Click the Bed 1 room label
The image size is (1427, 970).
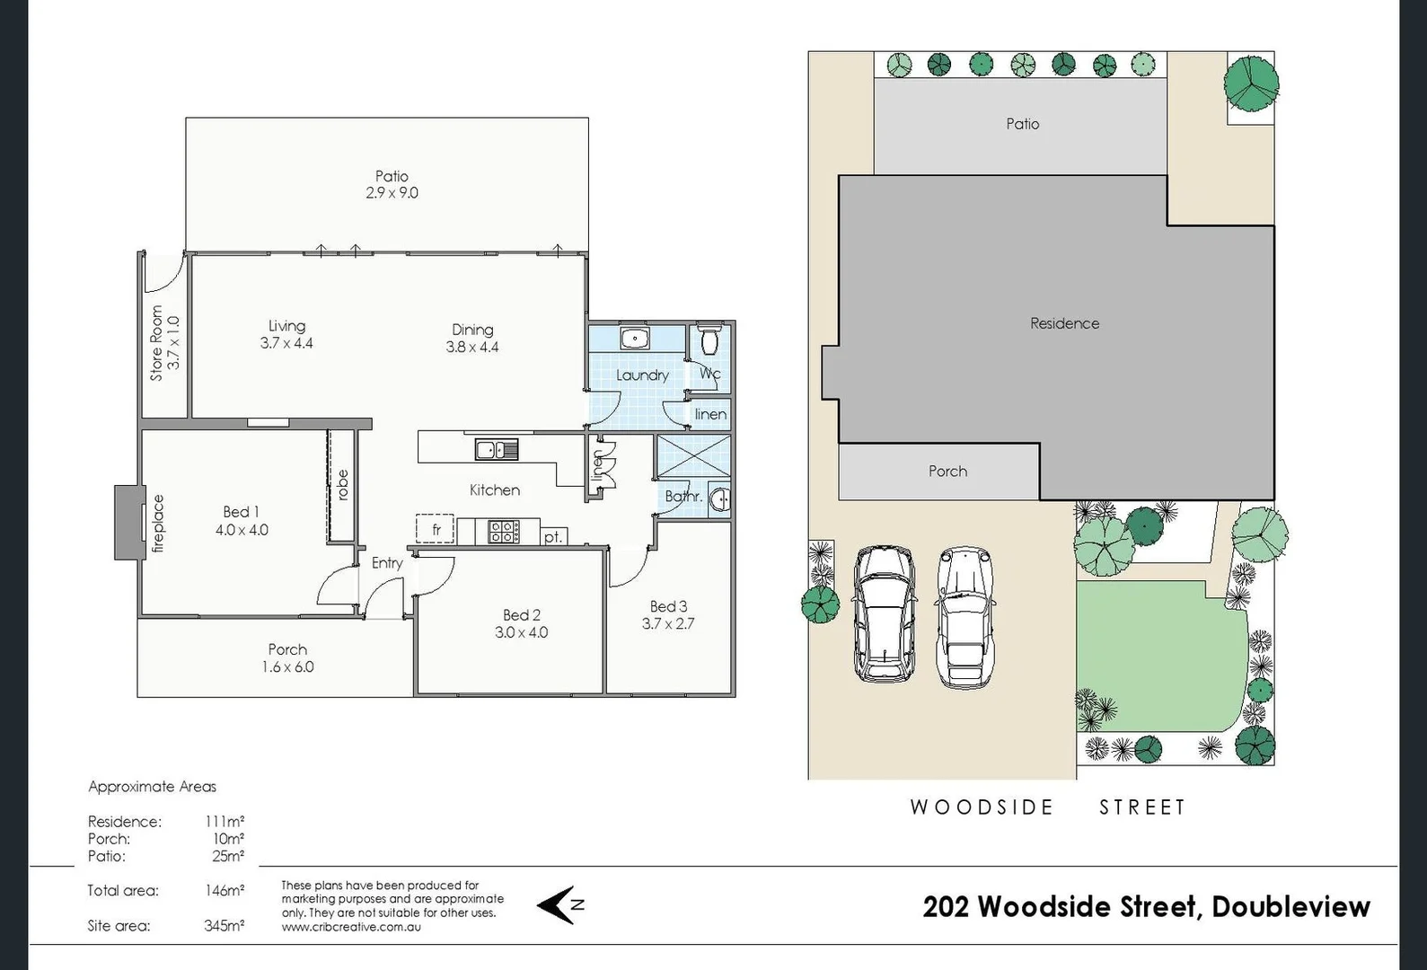click(241, 521)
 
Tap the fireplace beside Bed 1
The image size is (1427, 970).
click(130, 523)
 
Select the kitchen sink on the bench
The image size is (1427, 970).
click(497, 449)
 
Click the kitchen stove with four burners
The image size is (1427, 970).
click(503, 532)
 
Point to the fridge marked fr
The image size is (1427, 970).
click(435, 530)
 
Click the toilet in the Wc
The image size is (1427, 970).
click(710, 340)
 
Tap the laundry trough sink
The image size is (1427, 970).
click(635, 339)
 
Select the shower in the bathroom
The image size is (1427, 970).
click(692, 455)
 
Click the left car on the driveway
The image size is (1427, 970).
click(884, 613)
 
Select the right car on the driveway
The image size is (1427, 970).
click(965, 617)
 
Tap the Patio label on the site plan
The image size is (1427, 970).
click(1022, 124)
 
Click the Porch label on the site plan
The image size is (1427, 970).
click(947, 472)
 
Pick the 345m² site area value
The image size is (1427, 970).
click(224, 926)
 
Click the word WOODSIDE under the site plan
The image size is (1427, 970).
click(982, 807)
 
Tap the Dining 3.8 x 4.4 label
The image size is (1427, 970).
click(472, 339)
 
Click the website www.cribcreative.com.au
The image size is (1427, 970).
click(350, 927)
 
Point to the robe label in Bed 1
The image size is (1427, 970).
click(342, 485)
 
